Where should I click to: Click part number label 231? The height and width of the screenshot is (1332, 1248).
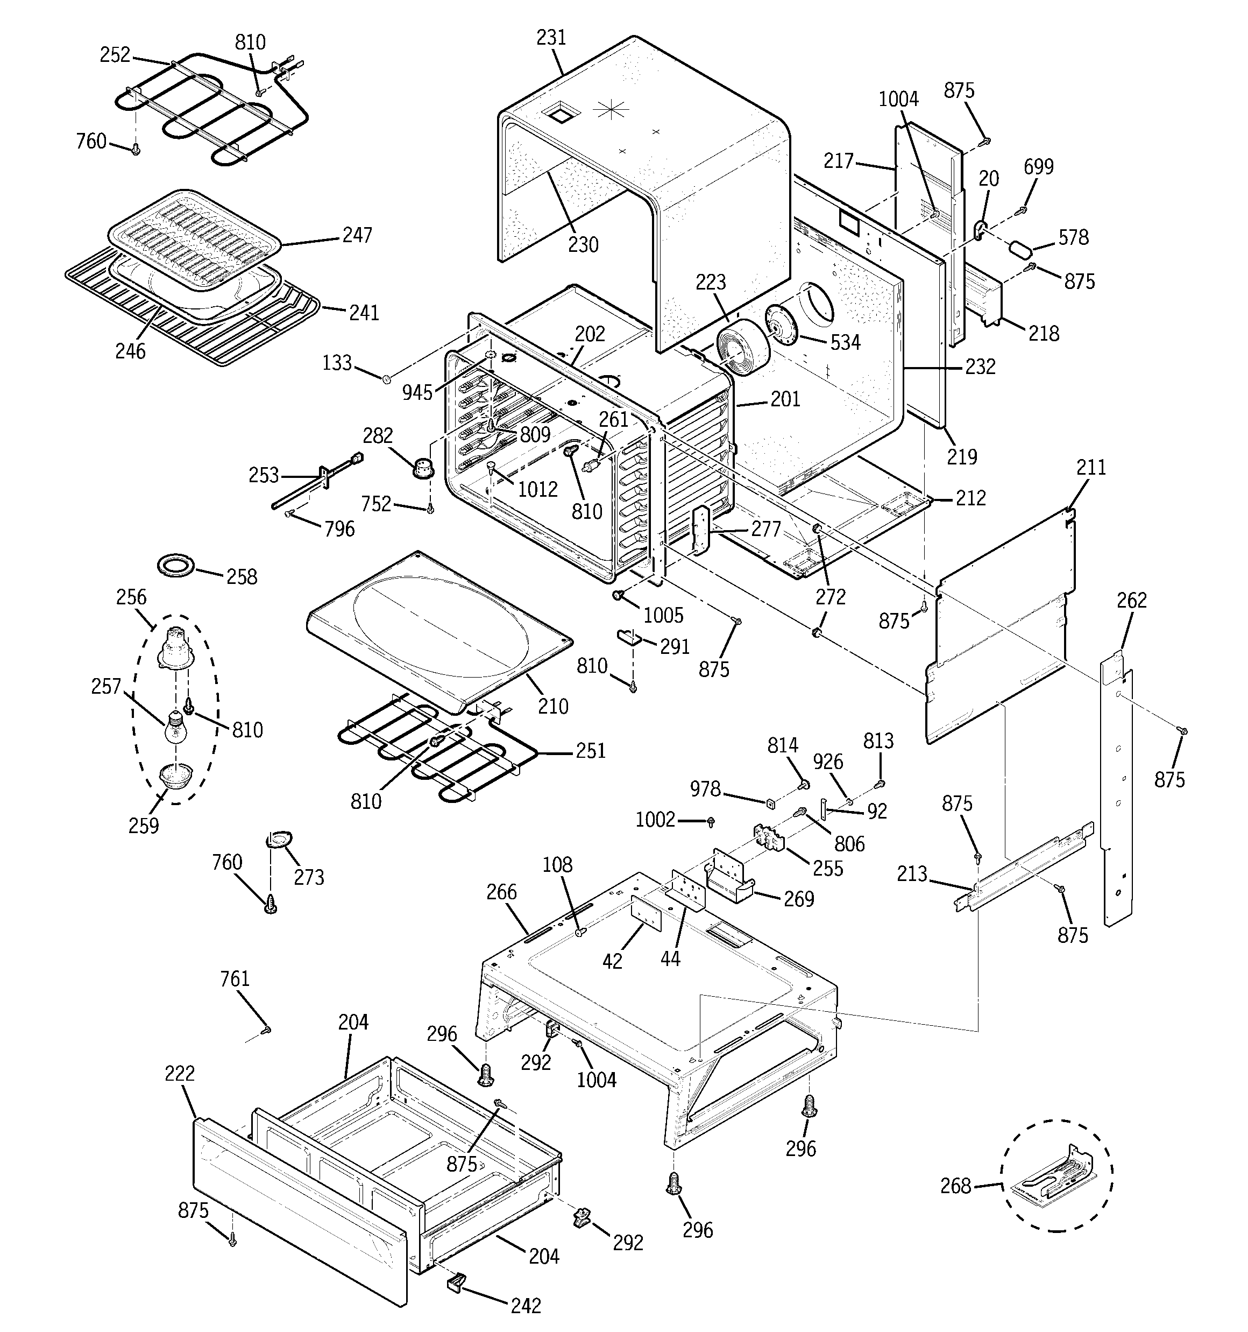pyautogui.click(x=551, y=38)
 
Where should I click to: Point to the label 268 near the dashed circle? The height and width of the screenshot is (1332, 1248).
pyautogui.click(x=955, y=1186)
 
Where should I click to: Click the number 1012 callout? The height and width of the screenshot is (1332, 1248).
pyautogui.click(x=538, y=489)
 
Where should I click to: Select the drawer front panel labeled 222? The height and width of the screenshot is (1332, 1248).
pyautogui.click(x=298, y=1213)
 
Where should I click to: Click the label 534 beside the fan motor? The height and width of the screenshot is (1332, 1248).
pyautogui.click(x=845, y=342)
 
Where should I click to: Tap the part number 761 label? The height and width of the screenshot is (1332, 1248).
pyautogui.click(x=235, y=979)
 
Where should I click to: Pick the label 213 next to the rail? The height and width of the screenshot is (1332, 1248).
pyautogui.click(x=912, y=873)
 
